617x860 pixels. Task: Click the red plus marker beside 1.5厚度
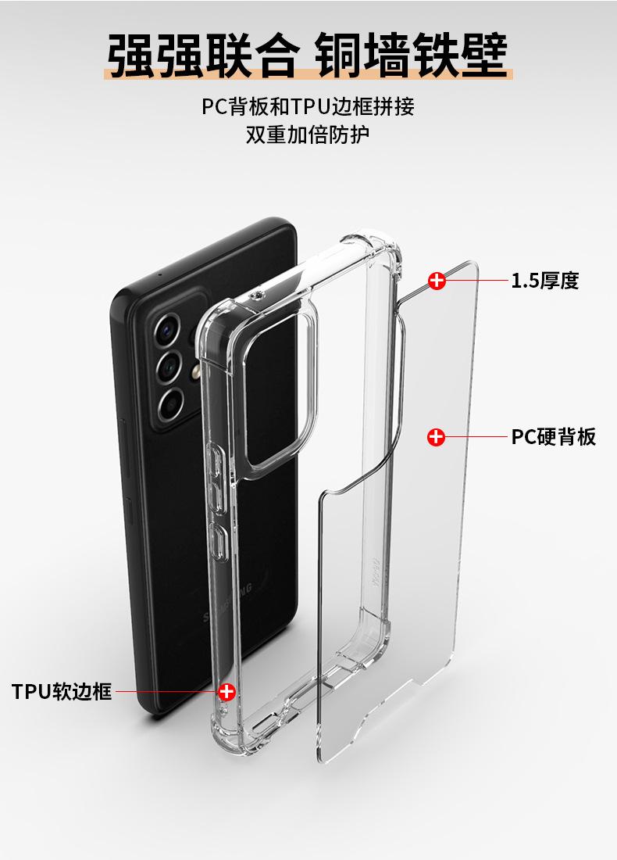tap(437, 280)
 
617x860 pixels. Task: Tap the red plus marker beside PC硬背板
tap(436, 437)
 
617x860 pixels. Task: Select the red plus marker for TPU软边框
tap(227, 691)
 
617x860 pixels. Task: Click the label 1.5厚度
tap(544, 280)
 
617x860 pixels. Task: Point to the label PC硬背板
tap(553, 436)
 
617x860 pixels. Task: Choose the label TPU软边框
tap(62, 691)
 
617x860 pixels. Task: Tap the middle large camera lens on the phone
tap(169, 366)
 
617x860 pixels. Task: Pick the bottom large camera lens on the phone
tap(171, 403)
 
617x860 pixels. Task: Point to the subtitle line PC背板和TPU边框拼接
tap(308, 106)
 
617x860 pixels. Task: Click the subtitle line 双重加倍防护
tap(308, 134)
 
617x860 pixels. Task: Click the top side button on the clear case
tap(216, 462)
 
